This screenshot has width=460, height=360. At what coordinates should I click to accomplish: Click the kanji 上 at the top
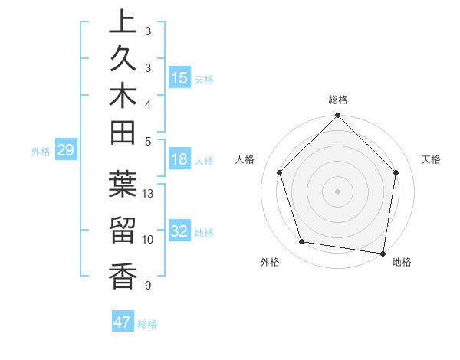tap(123, 24)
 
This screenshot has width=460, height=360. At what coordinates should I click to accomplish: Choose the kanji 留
tap(123, 231)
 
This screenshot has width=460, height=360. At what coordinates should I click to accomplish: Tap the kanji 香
tap(123, 275)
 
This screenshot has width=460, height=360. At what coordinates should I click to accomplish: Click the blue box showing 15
tap(179, 77)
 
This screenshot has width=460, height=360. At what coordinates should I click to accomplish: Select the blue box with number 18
tap(179, 159)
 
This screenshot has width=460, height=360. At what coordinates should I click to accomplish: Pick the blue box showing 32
tap(179, 231)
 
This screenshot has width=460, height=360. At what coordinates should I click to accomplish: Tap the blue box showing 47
tap(123, 322)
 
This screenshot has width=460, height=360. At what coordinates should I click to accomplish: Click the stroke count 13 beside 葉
tap(149, 194)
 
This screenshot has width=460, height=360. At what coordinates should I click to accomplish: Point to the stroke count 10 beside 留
tap(149, 240)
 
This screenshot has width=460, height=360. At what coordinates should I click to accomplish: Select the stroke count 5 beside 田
tap(148, 141)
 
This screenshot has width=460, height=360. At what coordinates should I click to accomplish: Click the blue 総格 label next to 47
tap(147, 324)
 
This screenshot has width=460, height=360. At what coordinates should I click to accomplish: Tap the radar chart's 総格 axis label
tap(337, 100)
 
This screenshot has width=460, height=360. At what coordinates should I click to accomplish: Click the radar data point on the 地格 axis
tap(383, 253)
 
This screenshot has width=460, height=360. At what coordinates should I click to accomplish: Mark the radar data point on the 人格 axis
tap(280, 172)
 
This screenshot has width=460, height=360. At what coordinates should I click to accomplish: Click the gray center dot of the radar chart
tap(337, 191)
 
